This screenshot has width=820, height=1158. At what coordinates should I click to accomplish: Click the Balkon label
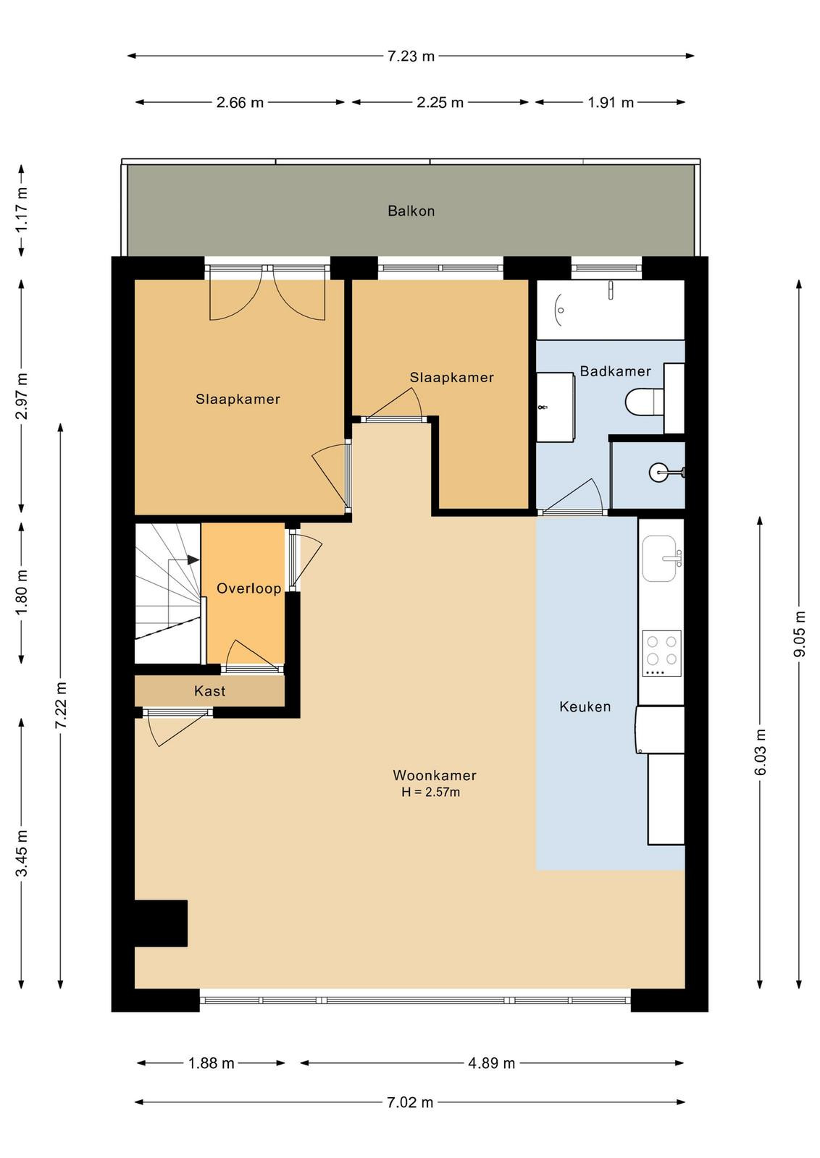point(411,211)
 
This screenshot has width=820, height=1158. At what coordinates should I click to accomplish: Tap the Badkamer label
point(615,371)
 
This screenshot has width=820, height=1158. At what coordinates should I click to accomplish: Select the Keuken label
point(585,706)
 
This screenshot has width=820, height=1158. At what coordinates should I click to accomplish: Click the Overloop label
point(249,588)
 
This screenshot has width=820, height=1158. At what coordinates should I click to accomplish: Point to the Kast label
point(209,690)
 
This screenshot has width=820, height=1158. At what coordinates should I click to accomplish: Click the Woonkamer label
point(435,775)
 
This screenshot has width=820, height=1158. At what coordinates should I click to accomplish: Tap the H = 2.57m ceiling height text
point(430,792)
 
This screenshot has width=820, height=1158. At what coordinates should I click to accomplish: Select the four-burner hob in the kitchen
point(661,653)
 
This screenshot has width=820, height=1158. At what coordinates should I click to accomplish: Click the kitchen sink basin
point(659,559)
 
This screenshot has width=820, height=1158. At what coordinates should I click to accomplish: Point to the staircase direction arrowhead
point(193,560)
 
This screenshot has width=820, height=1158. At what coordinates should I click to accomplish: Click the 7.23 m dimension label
point(411,56)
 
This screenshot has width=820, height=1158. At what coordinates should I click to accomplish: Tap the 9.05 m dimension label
point(799,634)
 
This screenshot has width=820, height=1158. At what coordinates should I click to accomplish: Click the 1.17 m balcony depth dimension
point(21,210)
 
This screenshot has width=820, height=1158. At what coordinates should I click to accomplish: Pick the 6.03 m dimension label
point(760,752)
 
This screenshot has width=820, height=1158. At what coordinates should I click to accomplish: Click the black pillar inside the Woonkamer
point(161,924)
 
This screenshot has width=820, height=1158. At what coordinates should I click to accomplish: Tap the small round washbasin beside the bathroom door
point(660,472)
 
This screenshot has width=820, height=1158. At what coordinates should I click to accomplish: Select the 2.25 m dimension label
point(440,102)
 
